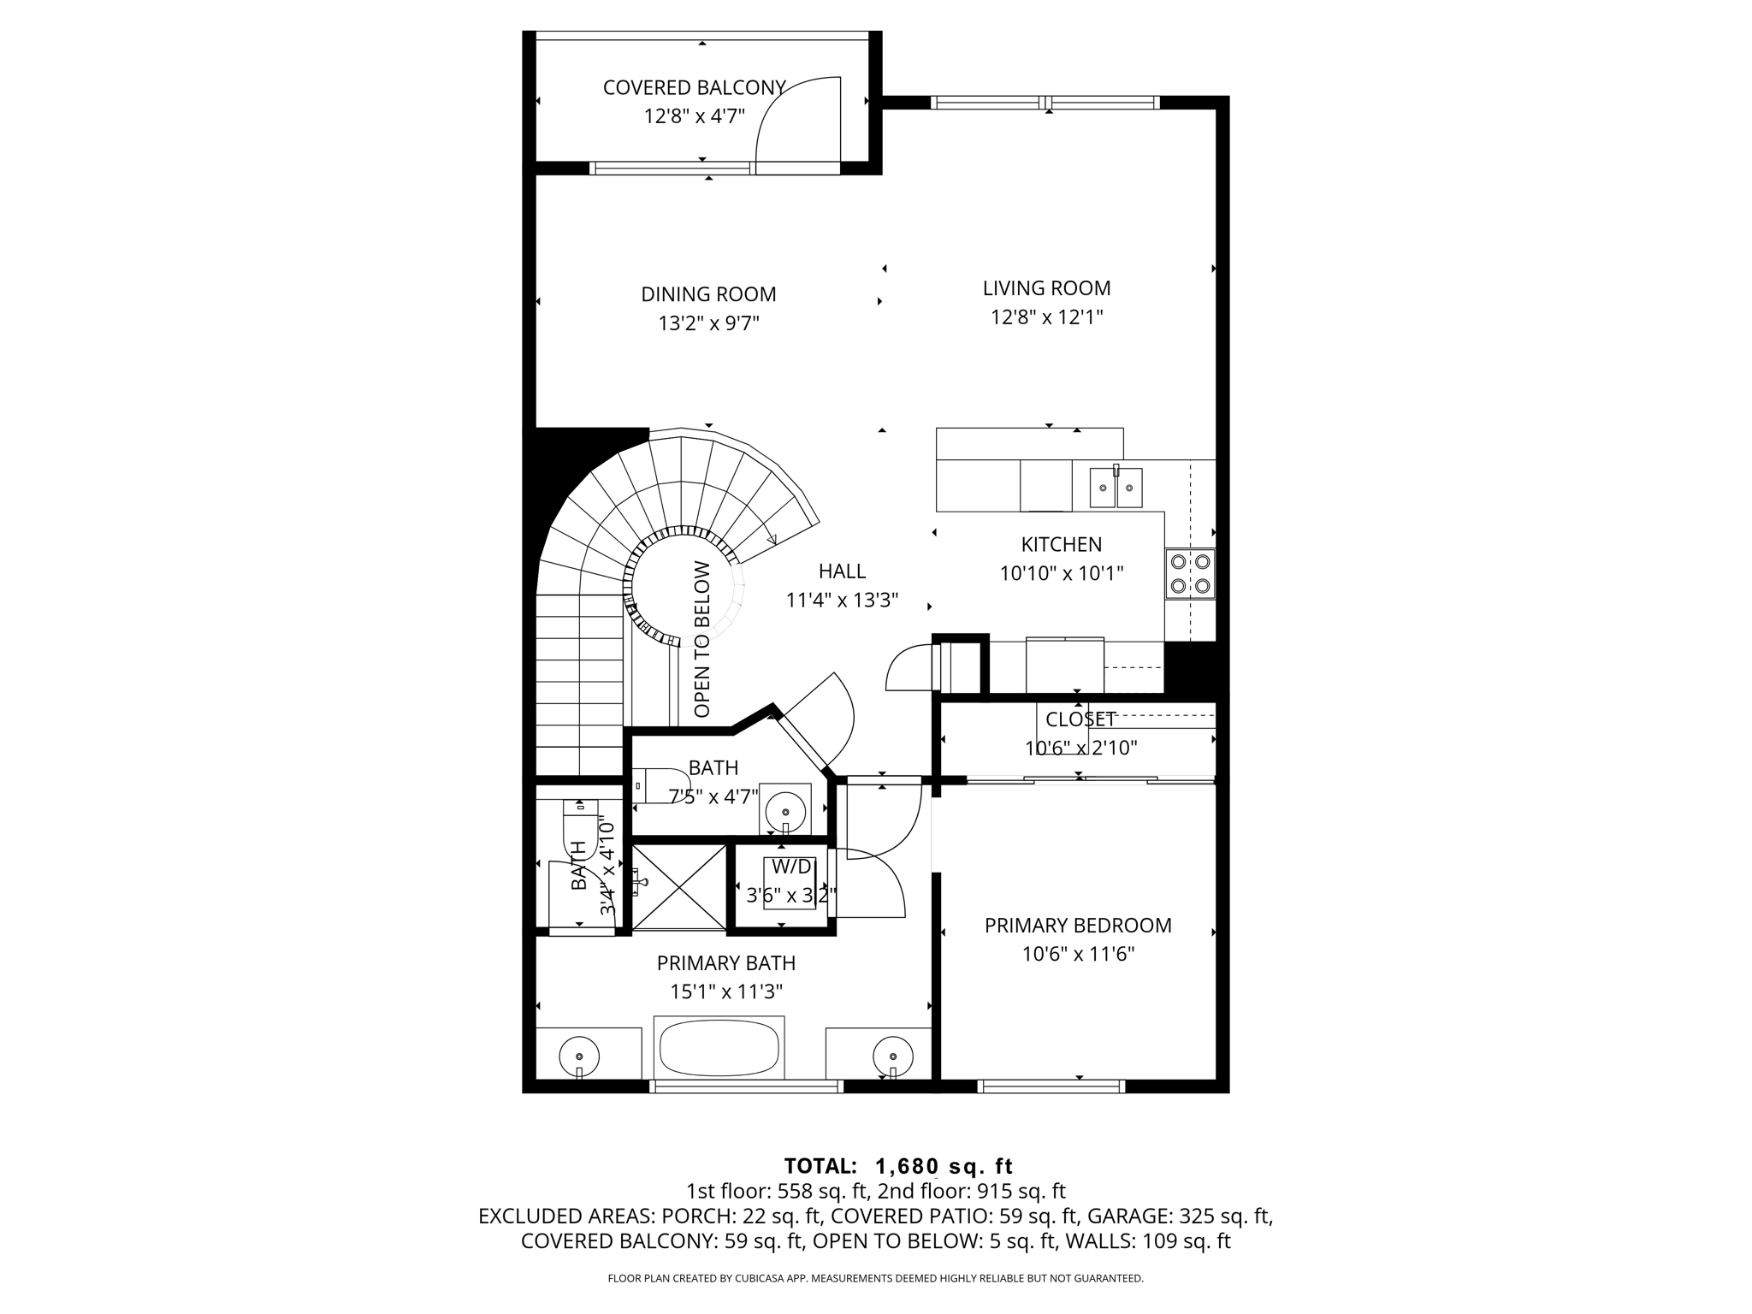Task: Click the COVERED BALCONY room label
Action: (694, 88)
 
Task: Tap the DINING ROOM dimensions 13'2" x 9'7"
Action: (708, 323)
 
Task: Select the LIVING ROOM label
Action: (1046, 288)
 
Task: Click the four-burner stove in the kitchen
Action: (1190, 573)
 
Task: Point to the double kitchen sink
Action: (1116, 488)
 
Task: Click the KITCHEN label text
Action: (1061, 544)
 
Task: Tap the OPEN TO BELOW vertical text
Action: (702, 639)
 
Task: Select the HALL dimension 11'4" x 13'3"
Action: (842, 601)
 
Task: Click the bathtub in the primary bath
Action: (719, 1049)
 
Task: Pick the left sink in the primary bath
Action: (579, 1055)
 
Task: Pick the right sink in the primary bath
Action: (892, 1055)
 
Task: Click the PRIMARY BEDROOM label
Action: (1077, 926)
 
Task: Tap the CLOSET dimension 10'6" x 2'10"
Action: (1080, 749)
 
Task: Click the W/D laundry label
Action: (791, 867)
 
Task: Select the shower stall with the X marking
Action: (678, 885)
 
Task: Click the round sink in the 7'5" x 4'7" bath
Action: (784, 810)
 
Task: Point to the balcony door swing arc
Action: (787, 111)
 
